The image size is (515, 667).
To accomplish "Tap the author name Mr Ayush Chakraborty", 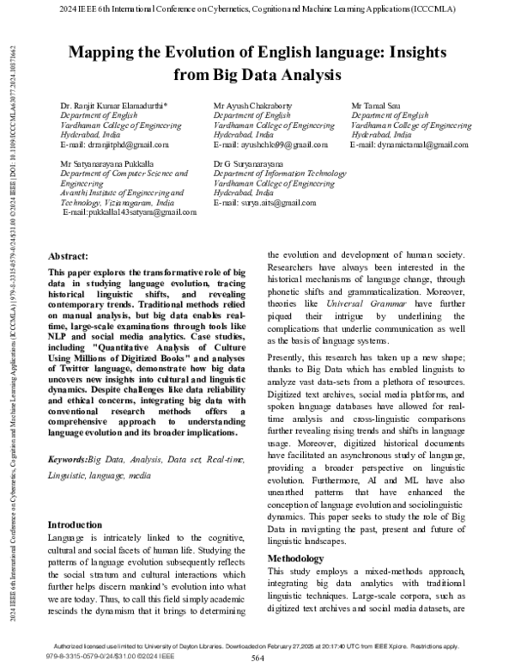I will (x=252, y=105).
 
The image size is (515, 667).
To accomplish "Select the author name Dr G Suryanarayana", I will (x=250, y=162).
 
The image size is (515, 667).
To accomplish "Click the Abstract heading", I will (x=69, y=257).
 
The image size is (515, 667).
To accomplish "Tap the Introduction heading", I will (x=76, y=524).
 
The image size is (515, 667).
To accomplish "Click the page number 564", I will (x=256, y=658).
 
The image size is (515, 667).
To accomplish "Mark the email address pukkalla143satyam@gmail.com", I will (x=118, y=211).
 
